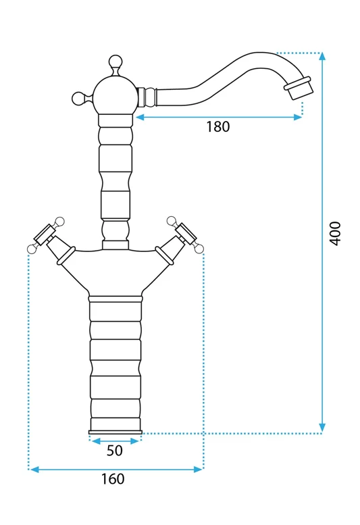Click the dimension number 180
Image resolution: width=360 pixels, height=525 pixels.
[x=217, y=127]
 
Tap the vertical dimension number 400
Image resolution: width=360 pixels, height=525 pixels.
[x=335, y=233]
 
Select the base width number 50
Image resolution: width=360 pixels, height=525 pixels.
[x=115, y=451]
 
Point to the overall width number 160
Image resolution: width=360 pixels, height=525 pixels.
[x=113, y=479]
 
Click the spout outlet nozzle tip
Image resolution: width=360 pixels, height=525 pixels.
[x=298, y=88]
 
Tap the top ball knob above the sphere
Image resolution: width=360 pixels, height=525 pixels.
[x=115, y=61]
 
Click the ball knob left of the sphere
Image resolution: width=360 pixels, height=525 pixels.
[x=78, y=98]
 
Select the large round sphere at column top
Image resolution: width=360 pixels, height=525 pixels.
[x=115, y=95]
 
